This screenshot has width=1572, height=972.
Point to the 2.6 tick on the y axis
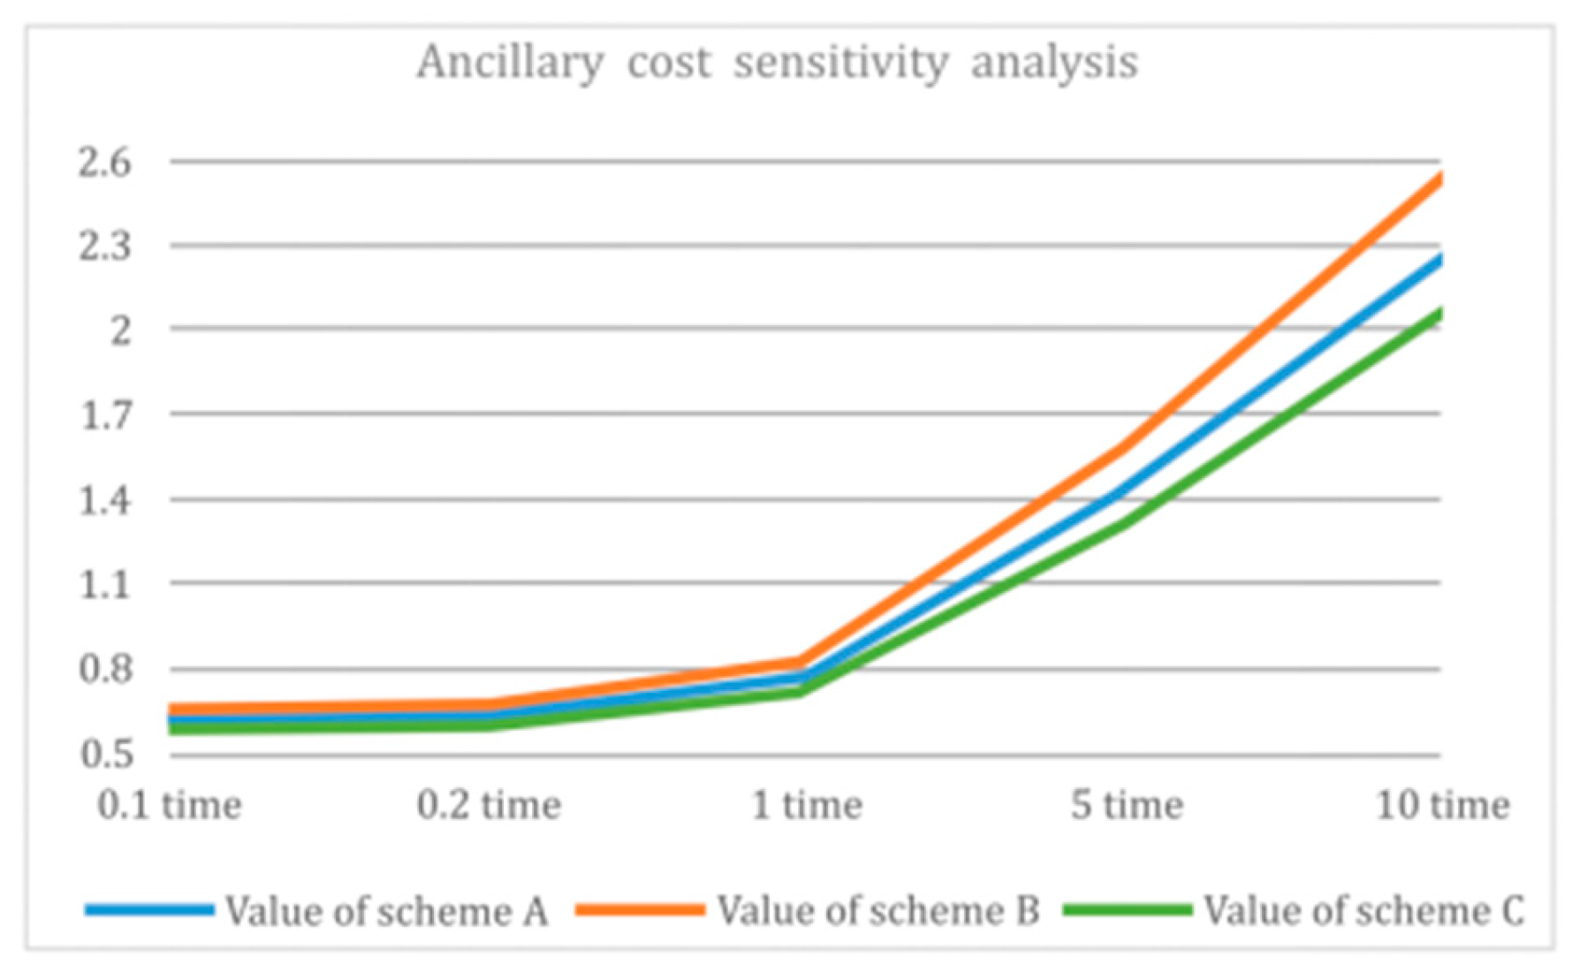(x=105, y=163)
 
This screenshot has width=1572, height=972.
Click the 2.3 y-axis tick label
(x=105, y=247)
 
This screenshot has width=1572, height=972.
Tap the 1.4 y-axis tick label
(x=105, y=501)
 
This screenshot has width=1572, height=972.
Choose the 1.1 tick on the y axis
(x=105, y=584)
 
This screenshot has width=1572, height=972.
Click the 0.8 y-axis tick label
(x=105, y=669)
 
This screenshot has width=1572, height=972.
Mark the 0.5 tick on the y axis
(x=105, y=754)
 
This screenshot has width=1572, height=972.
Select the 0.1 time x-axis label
(x=170, y=805)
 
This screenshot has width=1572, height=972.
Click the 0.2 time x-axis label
(x=489, y=805)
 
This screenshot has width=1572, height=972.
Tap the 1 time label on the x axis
(x=807, y=805)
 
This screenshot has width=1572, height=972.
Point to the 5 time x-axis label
(x=1127, y=805)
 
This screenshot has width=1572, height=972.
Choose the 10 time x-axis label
(x=1443, y=805)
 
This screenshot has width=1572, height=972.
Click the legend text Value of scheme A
(x=386, y=911)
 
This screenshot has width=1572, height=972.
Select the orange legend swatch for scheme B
(x=640, y=909)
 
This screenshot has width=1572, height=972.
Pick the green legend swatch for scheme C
(x=1128, y=909)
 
